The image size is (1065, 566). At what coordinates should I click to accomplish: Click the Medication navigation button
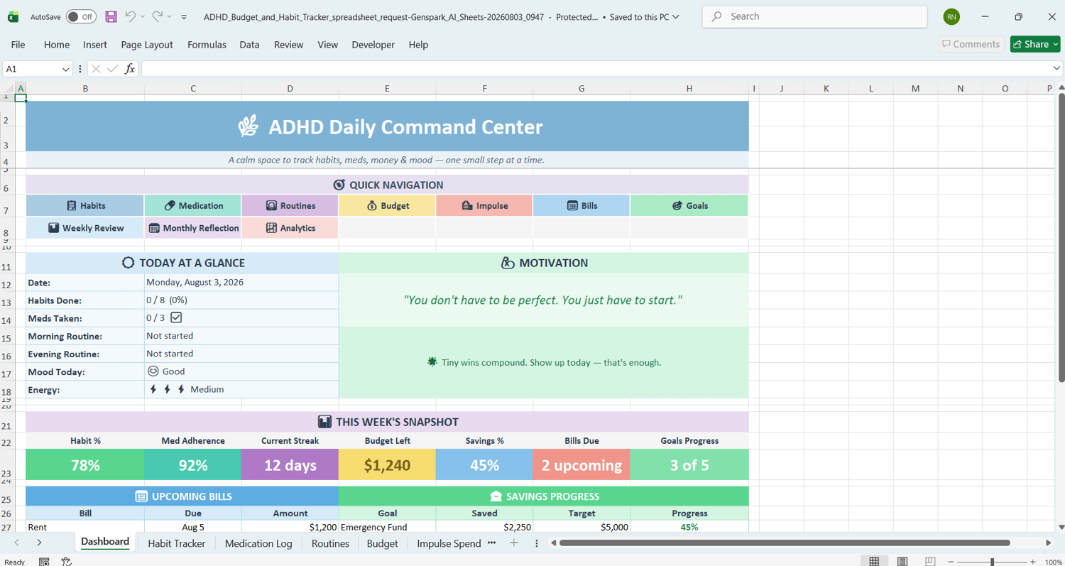tap(193, 205)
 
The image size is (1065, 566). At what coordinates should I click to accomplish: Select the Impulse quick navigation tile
tap(484, 205)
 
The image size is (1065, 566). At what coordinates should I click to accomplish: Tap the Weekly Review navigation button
tap(85, 228)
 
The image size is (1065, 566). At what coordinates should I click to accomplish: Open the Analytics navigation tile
tap(290, 228)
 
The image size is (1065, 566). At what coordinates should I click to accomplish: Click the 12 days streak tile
tap(290, 464)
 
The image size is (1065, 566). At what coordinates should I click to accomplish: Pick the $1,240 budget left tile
tap(387, 464)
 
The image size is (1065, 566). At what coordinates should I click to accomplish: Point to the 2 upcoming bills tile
tap(581, 464)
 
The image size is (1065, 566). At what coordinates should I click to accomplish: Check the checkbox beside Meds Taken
tap(176, 317)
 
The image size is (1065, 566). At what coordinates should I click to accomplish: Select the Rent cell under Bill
tap(85, 527)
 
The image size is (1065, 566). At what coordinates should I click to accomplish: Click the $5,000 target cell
tap(581, 527)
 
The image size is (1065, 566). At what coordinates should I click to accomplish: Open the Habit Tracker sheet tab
tap(176, 543)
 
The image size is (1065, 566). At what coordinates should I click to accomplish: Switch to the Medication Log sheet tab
tap(258, 543)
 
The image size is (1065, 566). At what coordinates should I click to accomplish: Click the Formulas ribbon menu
tap(207, 45)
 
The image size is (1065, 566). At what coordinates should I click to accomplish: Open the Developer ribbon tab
tap(373, 45)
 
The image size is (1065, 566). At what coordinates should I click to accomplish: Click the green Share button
tap(1035, 44)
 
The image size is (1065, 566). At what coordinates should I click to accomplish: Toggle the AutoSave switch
tap(81, 17)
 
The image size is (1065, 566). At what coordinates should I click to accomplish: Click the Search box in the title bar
tap(814, 16)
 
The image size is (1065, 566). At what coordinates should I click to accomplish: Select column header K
tap(826, 89)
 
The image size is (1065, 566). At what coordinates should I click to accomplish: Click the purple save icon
tap(111, 17)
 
